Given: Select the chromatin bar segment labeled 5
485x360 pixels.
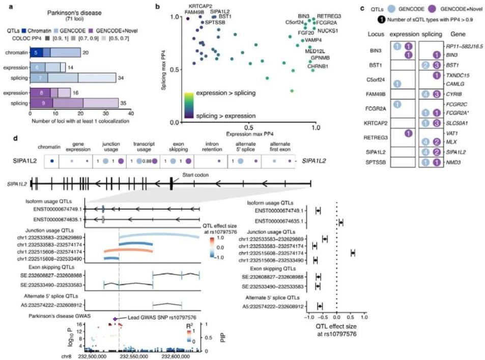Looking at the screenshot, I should click(36, 52).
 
